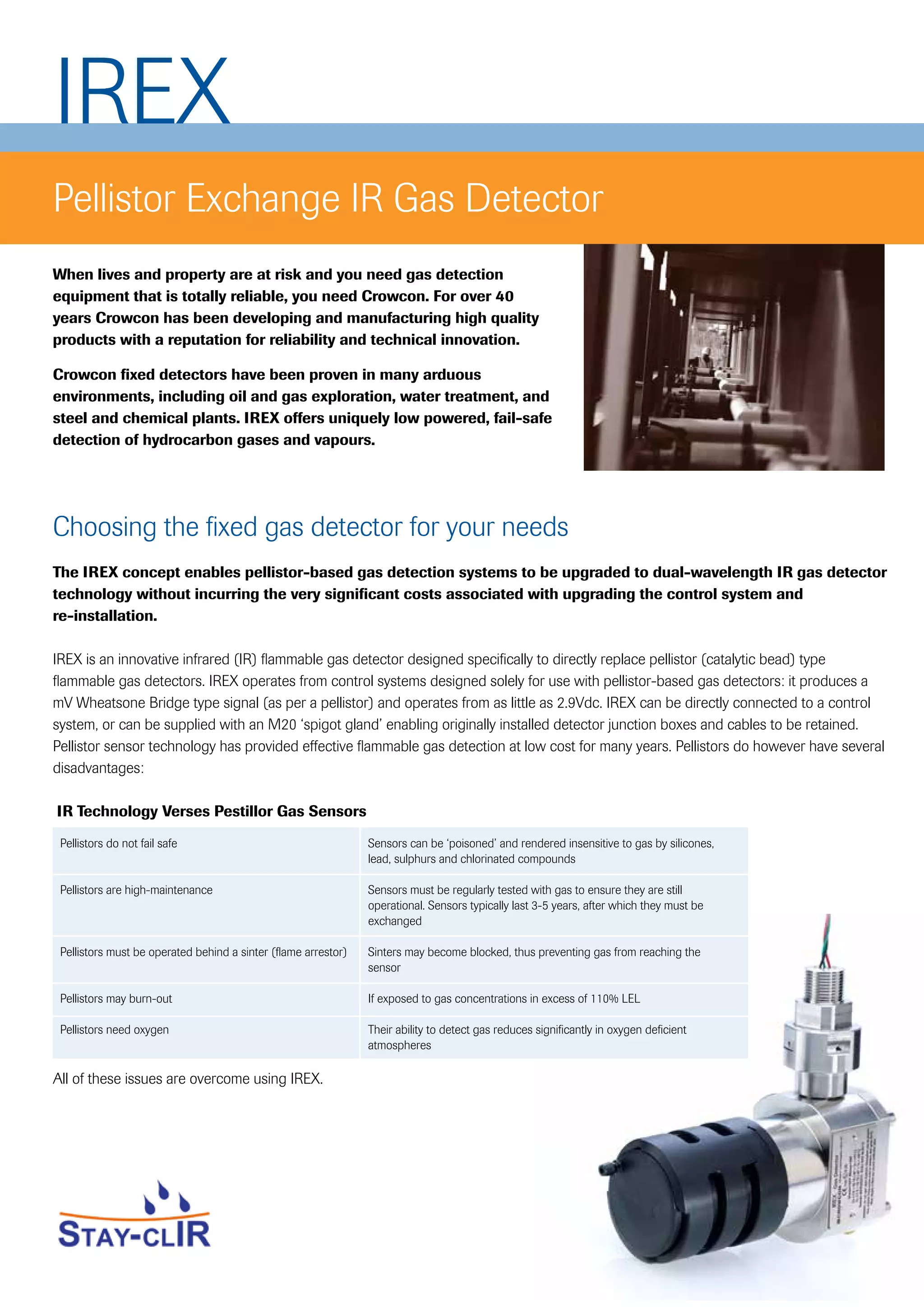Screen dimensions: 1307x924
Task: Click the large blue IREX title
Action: pyautogui.click(x=143, y=91)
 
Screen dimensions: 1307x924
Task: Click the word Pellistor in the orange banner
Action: pyautogui.click(x=114, y=199)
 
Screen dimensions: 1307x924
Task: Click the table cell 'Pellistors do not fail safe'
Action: pyautogui.click(x=118, y=844)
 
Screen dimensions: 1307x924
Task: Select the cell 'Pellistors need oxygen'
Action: pyautogui.click(x=114, y=1030)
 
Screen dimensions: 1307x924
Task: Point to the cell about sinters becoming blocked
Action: pyautogui.click(x=533, y=960)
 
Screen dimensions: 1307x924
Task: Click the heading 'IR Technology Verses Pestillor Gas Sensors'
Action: pyautogui.click(x=211, y=811)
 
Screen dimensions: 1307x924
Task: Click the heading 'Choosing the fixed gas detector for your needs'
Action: pyautogui.click(x=310, y=527)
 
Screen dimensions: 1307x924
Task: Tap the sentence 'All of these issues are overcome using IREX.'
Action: pyautogui.click(x=188, y=1079)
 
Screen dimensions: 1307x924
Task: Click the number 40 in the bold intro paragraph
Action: pyautogui.click(x=504, y=297)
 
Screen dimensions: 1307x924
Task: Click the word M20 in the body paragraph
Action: pyautogui.click(x=282, y=725)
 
